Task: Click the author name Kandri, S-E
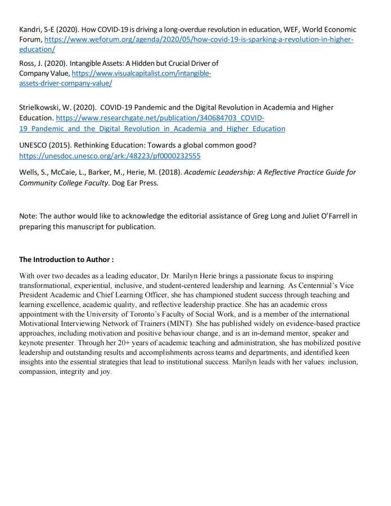point(38,29)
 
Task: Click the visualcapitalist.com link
point(141,73)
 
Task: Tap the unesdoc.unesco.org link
point(110,156)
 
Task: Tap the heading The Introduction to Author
point(66,260)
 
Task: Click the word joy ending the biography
point(105,372)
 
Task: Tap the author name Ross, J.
point(32,63)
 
